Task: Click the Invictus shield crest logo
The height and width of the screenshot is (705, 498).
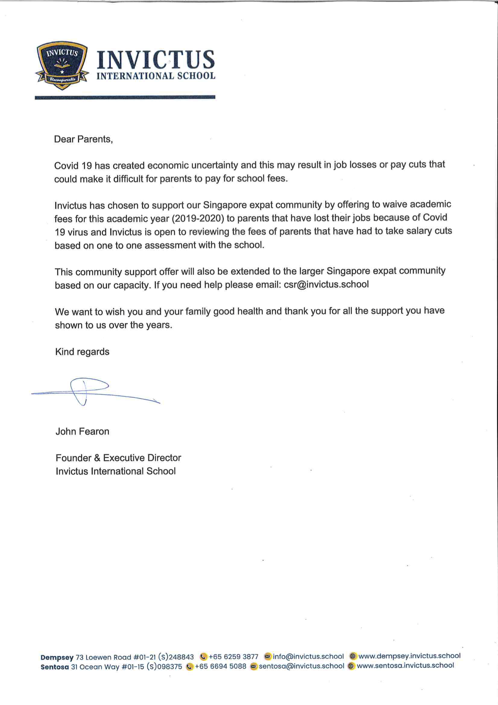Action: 62,65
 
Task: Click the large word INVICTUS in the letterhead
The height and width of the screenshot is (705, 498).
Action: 156,60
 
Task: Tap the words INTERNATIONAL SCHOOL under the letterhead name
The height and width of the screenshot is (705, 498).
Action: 156,76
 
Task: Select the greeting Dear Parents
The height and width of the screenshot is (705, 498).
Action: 83,139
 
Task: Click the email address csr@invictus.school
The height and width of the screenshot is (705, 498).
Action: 326,284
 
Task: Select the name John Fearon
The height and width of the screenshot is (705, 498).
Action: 82,432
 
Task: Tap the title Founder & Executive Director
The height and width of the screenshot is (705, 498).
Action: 118,458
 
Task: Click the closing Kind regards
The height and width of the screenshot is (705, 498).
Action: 82,352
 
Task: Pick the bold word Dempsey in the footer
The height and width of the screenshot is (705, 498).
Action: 57,658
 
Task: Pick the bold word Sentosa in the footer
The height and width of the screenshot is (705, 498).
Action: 55,667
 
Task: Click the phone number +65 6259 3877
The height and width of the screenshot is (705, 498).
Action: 233,657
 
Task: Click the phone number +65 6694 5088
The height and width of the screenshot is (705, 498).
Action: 220,666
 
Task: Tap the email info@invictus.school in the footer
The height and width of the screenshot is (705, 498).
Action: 308,656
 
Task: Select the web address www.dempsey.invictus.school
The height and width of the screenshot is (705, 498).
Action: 409,656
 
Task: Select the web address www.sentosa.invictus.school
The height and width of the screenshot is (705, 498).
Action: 405,666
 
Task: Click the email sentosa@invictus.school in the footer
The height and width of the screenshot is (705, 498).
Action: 301,666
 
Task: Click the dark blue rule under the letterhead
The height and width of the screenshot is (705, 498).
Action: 125,97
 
